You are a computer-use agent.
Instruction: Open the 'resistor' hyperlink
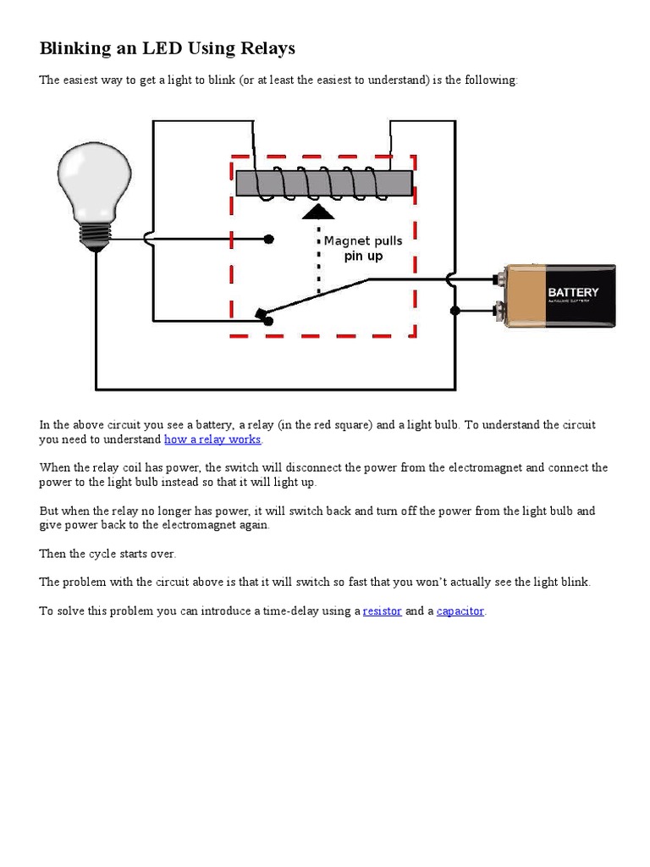point(382,610)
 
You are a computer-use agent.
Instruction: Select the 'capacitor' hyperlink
point(460,610)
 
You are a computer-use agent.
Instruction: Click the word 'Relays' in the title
point(267,48)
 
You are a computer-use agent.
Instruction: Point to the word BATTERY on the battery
point(573,292)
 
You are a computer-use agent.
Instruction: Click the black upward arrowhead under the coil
point(318,212)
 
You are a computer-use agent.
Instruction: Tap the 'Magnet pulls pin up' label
point(363,248)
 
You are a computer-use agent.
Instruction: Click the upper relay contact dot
point(268,240)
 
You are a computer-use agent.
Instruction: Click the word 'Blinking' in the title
point(76,48)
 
